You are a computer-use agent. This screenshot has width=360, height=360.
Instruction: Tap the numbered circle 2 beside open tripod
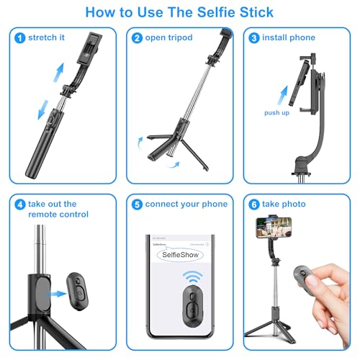pyautogui.click(x=136, y=37)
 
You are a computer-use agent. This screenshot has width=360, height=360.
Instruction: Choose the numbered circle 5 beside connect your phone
pyautogui.click(x=136, y=204)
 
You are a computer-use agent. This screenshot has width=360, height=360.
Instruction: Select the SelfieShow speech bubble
pyautogui.click(x=178, y=255)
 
